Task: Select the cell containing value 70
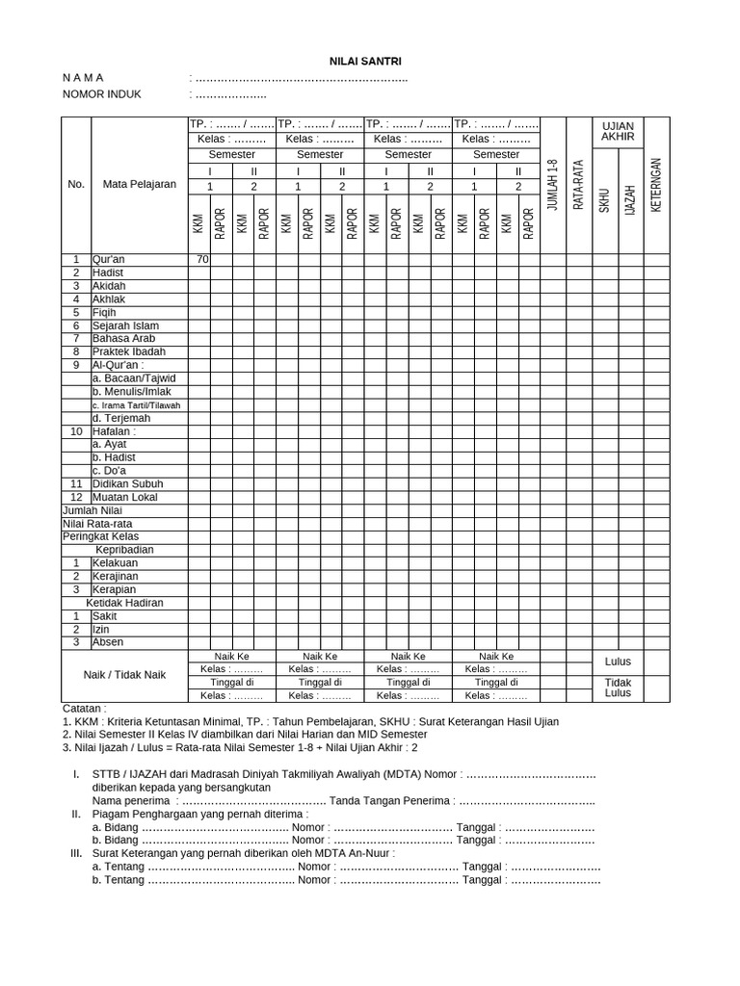[x=201, y=259]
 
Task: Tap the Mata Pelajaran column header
[x=139, y=184]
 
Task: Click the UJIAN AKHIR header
[x=618, y=132]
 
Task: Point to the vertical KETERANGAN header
[x=656, y=185]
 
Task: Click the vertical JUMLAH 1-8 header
[x=552, y=185]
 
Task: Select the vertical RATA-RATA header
[x=579, y=185]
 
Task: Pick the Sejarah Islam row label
[x=125, y=325]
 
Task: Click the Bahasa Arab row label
[x=123, y=339]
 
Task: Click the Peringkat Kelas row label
[x=100, y=536]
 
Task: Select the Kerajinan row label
[x=115, y=576]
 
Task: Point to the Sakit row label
[x=104, y=615]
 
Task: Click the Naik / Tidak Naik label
[x=124, y=675]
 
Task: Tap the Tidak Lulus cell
[x=618, y=688]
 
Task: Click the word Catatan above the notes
[x=84, y=708]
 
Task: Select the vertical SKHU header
[x=604, y=200]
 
